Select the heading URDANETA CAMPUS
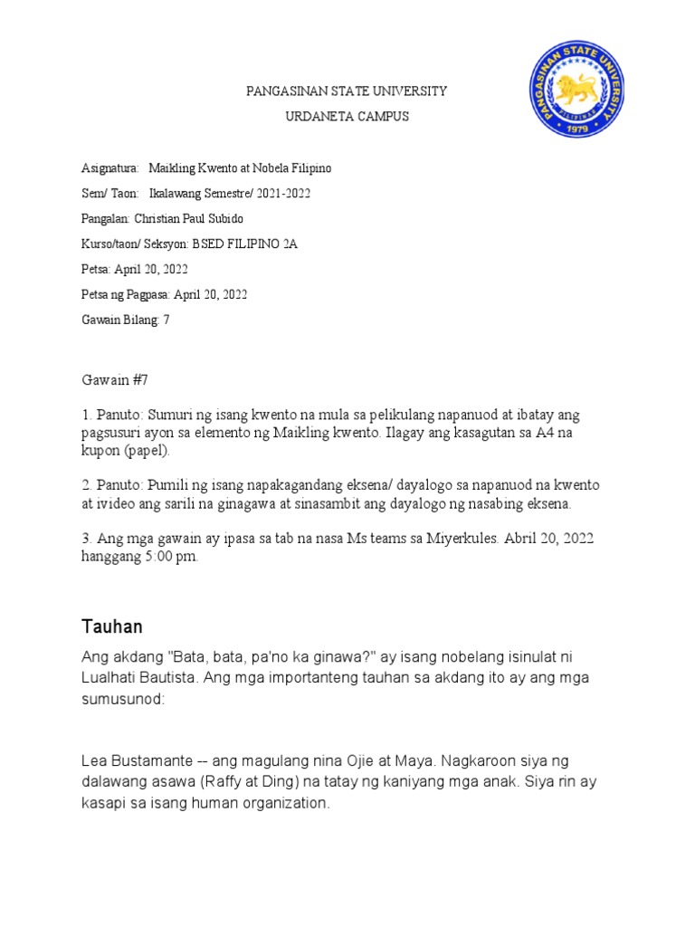347,116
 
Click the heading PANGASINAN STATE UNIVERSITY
347,91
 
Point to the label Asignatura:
109,168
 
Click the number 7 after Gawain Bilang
166,320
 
